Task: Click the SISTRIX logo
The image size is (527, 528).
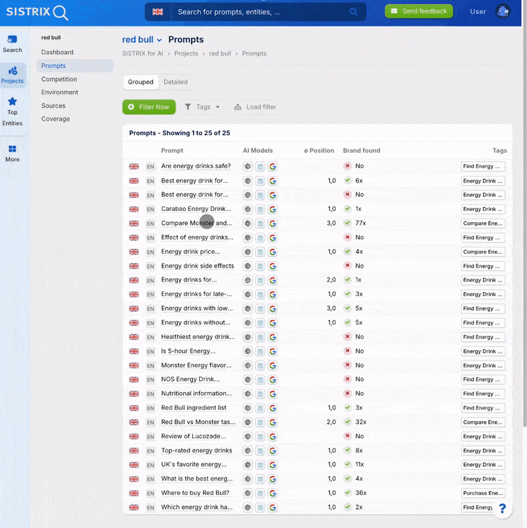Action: click(x=37, y=12)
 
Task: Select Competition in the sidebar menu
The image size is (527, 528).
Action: click(x=59, y=79)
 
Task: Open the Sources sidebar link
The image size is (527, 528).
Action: click(x=53, y=105)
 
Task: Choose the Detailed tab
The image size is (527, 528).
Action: click(x=175, y=82)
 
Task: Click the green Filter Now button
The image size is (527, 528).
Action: click(x=149, y=107)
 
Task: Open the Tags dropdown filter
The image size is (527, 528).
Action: click(x=202, y=107)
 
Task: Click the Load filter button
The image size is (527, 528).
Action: click(x=255, y=107)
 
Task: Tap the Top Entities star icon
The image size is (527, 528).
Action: click(x=13, y=102)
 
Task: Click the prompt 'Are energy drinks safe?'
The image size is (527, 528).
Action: click(x=196, y=166)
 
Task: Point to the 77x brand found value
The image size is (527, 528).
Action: click(x=360, y=223)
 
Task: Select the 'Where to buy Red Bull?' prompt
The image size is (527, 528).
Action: click(x=195, y=493)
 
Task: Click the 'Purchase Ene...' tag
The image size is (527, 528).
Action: click(x=483, y=493)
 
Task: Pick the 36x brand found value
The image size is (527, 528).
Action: click(x=360, y=493)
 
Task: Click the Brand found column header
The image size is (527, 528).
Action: click(x=362, y=150)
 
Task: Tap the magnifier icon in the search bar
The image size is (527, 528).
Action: click(x=354, y=12)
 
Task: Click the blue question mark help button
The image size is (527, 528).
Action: click(x=502, y=508)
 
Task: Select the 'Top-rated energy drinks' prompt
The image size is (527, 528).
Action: click(x=196, y=451)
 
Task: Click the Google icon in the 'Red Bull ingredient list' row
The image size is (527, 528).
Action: click(x=273, y=408)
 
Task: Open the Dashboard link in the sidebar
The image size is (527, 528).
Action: click(x=57, y=52)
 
